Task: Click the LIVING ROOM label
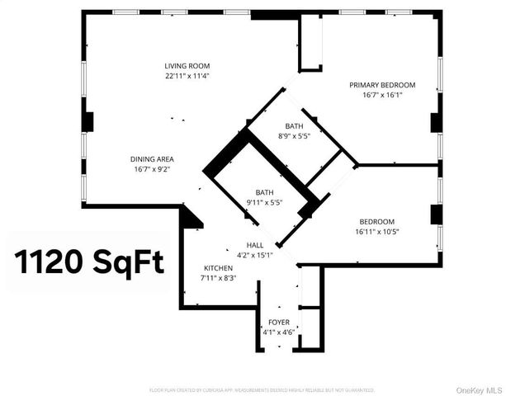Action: click(187, 65)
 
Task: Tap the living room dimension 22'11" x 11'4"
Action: click(187, 76)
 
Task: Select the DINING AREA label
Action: click(152, 159)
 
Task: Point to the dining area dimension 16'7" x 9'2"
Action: click(152, 170)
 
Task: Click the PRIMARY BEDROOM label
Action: click(381, 85)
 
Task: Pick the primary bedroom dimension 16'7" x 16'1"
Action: click(381, 96)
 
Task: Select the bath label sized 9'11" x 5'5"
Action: click(264, 192)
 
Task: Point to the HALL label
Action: click(254, 245)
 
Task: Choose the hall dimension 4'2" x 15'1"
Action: click(254, 256)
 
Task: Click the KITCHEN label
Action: click(218, 268)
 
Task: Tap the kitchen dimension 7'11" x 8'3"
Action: click(218, 279)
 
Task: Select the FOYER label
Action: click(278, 322)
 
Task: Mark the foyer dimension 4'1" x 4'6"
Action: click(278, 332)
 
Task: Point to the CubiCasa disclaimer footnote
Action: click(262, 389)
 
